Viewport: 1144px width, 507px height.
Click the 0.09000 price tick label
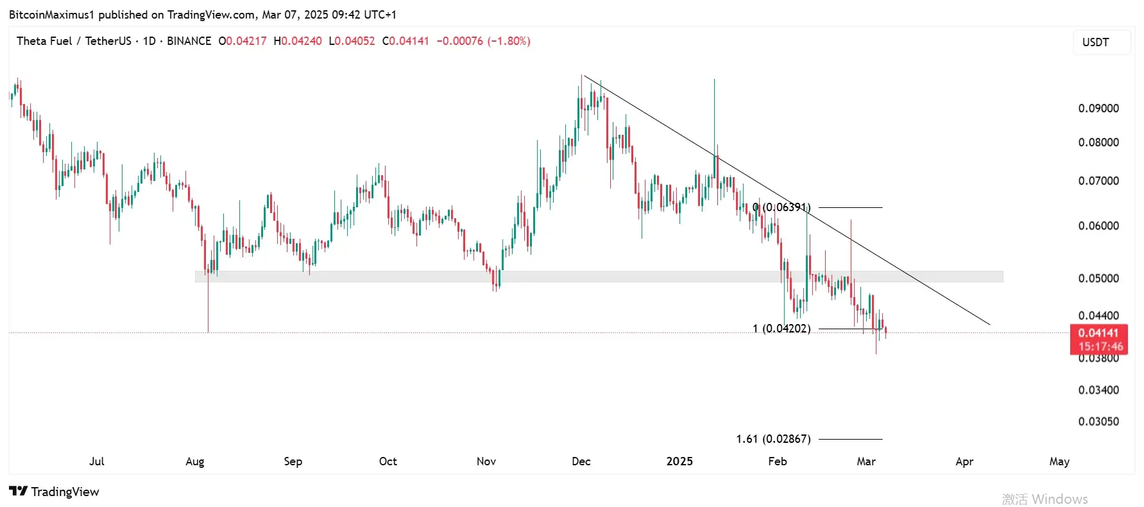click(1098, 108)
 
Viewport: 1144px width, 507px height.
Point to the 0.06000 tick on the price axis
click(1098, 226)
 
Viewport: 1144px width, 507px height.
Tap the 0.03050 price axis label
click(1098, 422)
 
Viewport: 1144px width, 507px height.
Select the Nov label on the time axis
click(486, 461)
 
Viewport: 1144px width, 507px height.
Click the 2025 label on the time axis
click(679, 461)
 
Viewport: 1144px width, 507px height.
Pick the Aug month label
click(194, 461)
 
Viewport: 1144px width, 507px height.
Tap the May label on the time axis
click(1059, 461)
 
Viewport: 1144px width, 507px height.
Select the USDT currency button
click(1095, 42)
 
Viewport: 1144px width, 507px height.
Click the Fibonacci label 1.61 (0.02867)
click(773, 439)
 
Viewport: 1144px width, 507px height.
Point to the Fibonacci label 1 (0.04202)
click(781, 329)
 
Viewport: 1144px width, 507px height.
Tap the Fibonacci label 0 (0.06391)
click(781, 207)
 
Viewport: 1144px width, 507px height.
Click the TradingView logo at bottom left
click(55, 492)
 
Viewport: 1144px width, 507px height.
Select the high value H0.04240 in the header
click(298, 41)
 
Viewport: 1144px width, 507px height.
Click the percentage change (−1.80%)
click(509, 41)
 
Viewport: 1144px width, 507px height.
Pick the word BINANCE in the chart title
click(189, 41)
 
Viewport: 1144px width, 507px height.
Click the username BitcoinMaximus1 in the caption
click(51, 15)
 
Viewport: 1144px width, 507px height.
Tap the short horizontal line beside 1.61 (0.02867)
click(850, 439)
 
